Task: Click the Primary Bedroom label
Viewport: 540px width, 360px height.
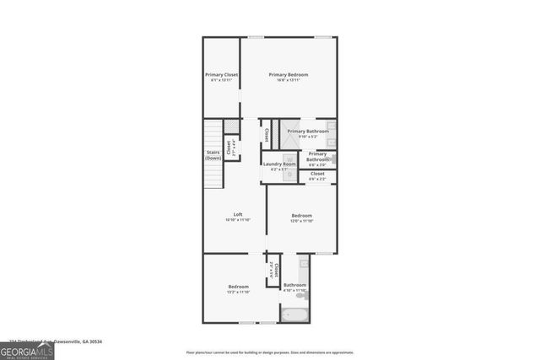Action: [x=289, y=75]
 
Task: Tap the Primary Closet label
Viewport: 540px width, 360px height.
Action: [x=221, y=75]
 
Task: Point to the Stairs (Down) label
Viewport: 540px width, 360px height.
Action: [x=213, y=155]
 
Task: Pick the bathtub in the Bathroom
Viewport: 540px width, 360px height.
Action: [x=295, y=315]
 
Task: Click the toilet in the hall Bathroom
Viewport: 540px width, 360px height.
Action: [x=302, y=295]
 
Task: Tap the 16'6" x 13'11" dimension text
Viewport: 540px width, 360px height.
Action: [x=289, y=81]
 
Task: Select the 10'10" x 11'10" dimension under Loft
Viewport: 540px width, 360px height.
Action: [x=239, y=220]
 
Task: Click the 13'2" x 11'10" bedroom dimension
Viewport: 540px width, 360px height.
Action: [x=239, y=293]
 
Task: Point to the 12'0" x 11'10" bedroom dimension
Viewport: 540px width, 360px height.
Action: [x=302, y=220]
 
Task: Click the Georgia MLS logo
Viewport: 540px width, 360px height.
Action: [x=27, y=350]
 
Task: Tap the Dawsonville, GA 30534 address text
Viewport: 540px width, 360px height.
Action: [x=67, y=341]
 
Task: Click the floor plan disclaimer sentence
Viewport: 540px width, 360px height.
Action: [x=270, y=352]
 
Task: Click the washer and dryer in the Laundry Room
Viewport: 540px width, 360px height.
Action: [x=289, y=166]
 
